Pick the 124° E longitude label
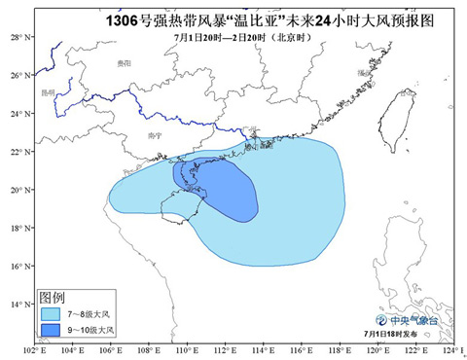[x=449, y=349]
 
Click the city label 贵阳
[x=122, y=60]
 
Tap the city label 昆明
[x=48, y=93]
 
